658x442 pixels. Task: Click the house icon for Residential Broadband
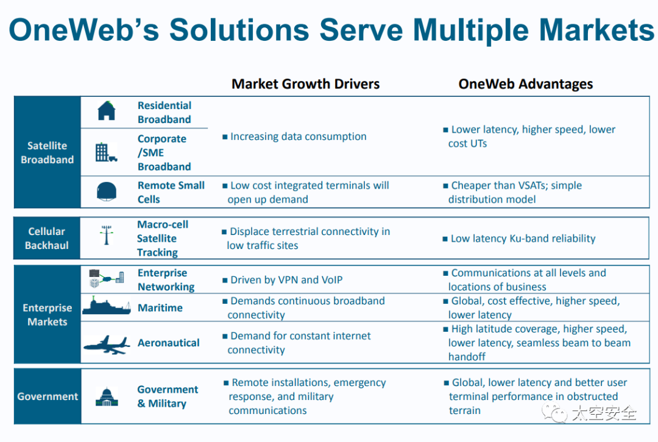tap(106, 111)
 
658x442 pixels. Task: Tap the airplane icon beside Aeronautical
tap(106, 345)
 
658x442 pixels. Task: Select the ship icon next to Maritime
tap(106, 306)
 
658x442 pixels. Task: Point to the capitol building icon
tap(107, 396)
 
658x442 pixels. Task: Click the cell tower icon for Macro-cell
tap(107, 234)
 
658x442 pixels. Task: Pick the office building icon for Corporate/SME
tap(105, 152)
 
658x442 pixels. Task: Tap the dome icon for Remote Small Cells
tap(107, 192)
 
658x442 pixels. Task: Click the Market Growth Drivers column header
tap(305, 84)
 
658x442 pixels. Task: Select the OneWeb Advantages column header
tap(525, 84)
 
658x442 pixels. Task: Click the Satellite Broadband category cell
tap(47, 153)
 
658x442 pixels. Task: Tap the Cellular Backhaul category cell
tap(47, 238)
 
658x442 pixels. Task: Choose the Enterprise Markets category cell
tap(47, 315)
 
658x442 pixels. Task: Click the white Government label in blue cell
tap(47, 396)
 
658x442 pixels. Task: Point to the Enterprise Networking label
tap(166, 280)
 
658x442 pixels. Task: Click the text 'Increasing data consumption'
tap(298, 136)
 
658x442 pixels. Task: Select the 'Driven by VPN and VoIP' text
tap(286, 280)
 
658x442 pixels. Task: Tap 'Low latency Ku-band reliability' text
tap(523, 239)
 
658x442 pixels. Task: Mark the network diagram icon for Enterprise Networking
tap(107, 279)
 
